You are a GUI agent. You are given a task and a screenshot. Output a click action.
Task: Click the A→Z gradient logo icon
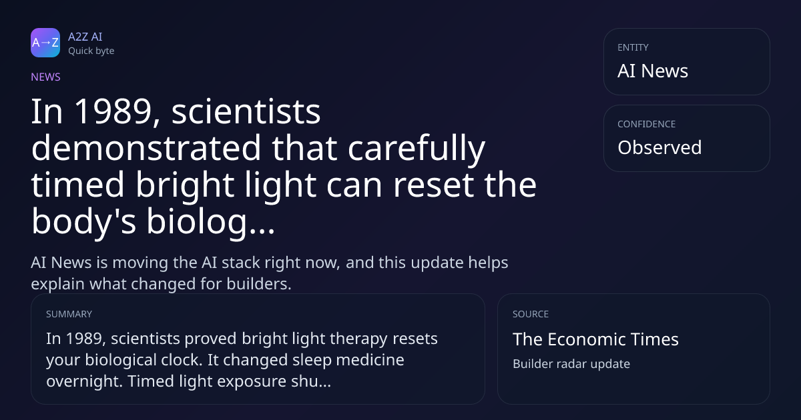pos(45,43)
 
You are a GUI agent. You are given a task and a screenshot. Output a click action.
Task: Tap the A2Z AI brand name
pos(85,37)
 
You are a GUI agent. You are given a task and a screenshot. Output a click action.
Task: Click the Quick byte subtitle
pos(91,51)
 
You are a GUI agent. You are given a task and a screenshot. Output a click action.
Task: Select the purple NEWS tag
pos(46,77)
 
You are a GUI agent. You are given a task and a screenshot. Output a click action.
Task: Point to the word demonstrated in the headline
pos(146,147)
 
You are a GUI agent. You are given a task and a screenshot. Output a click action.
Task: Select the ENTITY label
pos(633,47)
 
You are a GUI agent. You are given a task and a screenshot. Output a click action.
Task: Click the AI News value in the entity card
pos(653,71)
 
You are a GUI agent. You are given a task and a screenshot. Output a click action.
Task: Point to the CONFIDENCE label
pos(647,124)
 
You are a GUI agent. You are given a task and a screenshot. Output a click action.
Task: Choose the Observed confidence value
pos(659,147)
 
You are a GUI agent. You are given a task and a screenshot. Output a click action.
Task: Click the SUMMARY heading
pos(69,314)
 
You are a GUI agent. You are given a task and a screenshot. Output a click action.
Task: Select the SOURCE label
pos(531,314)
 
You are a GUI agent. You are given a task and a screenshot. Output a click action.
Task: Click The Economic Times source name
pos(595,339)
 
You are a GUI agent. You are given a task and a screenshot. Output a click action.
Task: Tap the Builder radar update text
pos(571,364)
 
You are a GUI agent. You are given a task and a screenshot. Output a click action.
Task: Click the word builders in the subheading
pos(259,284)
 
